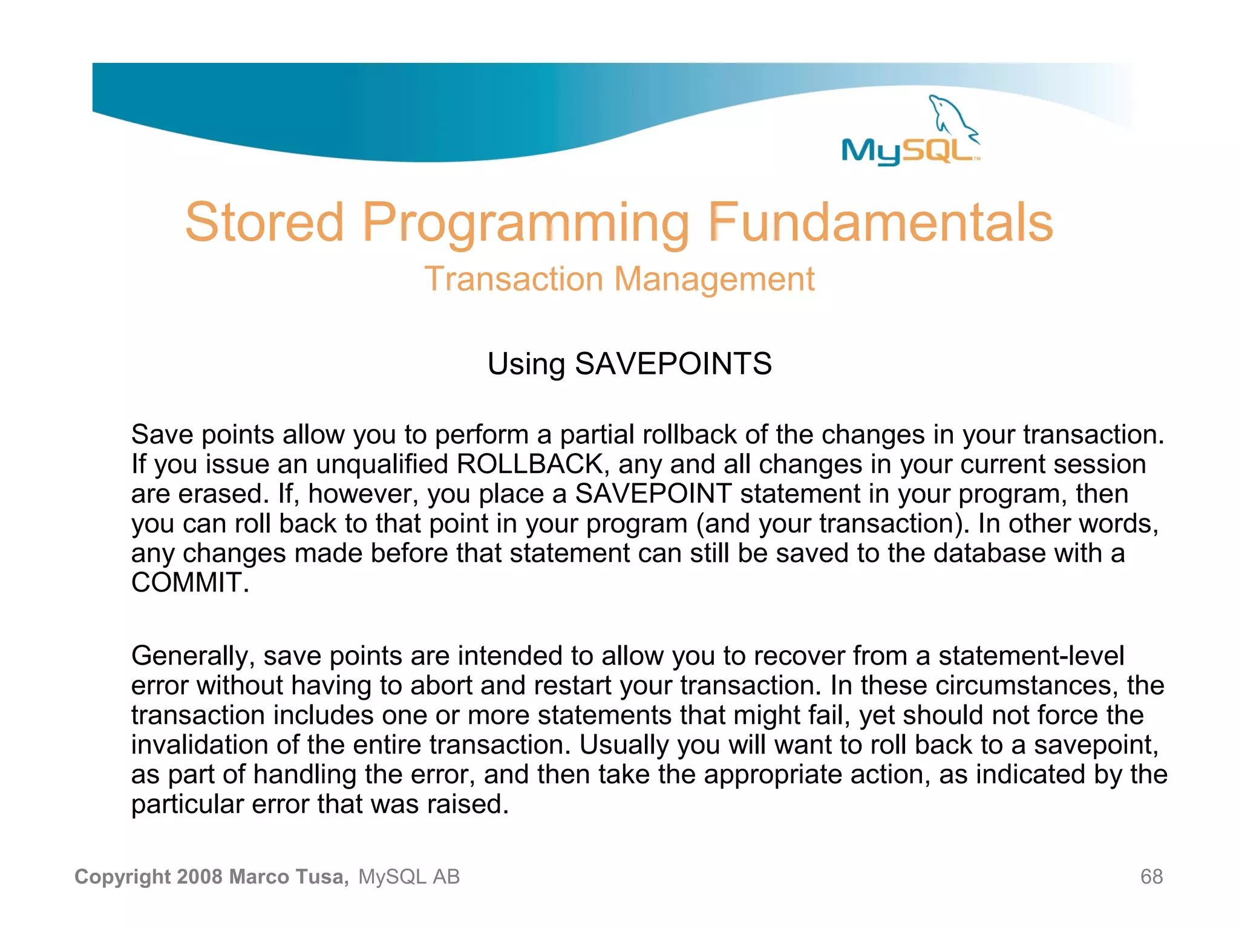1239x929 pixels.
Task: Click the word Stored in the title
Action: point(264,223)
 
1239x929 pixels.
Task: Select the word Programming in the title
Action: point(526,224)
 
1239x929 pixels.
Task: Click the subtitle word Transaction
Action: point(514,279)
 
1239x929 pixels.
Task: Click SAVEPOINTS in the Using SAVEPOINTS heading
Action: point(673,364)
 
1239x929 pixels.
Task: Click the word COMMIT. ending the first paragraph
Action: point(190,583)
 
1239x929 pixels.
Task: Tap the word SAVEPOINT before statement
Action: point(653,494)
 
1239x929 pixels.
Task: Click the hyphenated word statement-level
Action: point(1031,656)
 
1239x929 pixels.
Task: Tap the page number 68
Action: point(1151,876)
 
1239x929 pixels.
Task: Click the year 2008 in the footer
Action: point(200,876)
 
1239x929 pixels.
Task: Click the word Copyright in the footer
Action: point(123,876)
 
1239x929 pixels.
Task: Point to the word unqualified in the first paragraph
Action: point(382,464)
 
